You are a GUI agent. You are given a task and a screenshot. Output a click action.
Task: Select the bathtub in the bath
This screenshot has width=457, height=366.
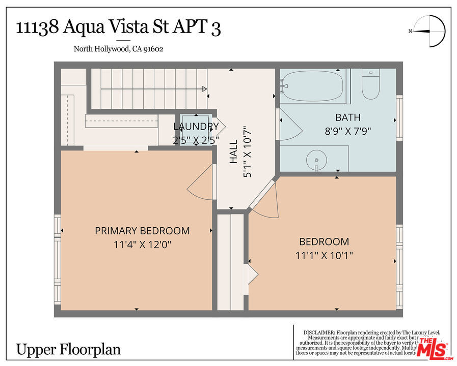tap(312, 86)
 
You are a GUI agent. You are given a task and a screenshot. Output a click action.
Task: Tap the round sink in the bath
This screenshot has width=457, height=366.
tap(316, 161)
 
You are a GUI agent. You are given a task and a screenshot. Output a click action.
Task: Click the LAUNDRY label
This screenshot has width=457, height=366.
tap(196, 127)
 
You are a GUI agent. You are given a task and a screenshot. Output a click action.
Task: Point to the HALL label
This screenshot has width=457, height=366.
tap(233, 152)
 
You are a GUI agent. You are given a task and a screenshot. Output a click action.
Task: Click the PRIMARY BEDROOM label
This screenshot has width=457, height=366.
tap(142, 231)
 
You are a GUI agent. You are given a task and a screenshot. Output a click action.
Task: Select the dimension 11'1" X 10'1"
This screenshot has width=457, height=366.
tap(324, 255)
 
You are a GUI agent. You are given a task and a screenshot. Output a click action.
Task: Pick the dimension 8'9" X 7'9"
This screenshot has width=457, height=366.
tap(348, 131)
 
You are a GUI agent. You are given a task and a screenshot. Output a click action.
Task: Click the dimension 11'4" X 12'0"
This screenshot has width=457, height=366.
tap(142, 245)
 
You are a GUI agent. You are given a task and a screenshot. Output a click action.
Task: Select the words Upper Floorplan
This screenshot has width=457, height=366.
tap(69, 350)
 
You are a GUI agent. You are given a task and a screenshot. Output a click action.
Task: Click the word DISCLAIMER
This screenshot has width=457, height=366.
tap(319, 332)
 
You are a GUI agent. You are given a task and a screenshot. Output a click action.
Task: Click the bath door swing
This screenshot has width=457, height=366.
tap(288, 124)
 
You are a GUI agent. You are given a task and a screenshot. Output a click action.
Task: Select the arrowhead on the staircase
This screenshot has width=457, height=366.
tap(204, 89)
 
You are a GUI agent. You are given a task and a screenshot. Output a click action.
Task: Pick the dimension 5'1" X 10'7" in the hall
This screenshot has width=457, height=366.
tap(248, 152)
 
